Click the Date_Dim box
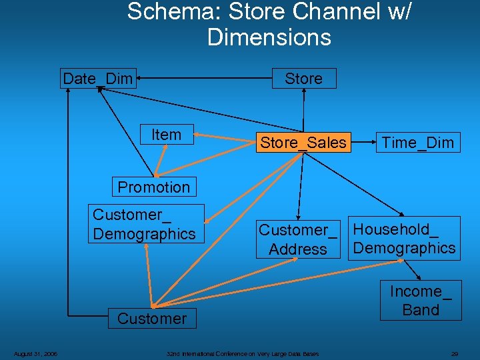point(98,79)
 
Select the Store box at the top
point(304,79)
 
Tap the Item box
point(166,135)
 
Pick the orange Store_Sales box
point(303,142)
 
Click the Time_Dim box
point(417,142)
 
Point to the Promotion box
point(154,187)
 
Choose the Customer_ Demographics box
point(145,224)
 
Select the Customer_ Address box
point(298,239)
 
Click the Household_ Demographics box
point(405,239)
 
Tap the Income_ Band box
point(421,301)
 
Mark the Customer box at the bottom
point(152,319)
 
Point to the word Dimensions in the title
point(269,37)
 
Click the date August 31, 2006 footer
point(36,353)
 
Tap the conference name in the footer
point(243,353)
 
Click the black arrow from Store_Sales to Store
point(304,110)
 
